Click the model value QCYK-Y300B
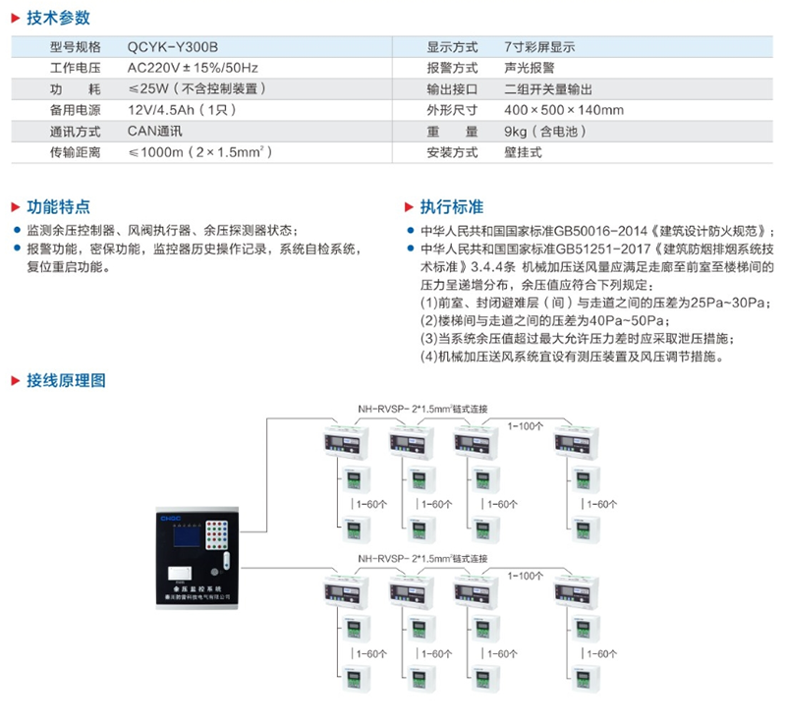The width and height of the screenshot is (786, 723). tap(173, 46)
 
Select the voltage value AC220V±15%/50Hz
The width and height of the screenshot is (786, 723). tap(193, 68)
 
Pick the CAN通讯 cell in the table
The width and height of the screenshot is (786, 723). tap(155, 131)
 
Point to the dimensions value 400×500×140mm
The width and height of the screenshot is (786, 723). tap(563, 110)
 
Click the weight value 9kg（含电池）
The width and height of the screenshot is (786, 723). tap(544, 131)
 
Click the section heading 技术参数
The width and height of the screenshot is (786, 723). tap(58, 17)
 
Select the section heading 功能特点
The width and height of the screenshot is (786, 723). tap(58, 207)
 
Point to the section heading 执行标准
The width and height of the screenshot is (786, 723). tap(451, 207)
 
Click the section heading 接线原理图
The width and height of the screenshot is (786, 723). tap(66, 380)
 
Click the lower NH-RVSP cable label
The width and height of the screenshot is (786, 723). tap(421, 558)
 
